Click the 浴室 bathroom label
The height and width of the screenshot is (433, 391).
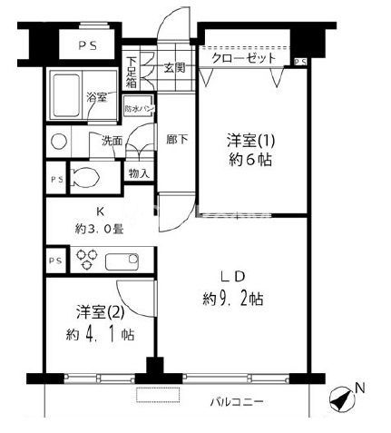pyautogui.click(x=95, y=95)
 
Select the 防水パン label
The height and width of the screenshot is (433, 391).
pyautogui.click(x=139, y=109)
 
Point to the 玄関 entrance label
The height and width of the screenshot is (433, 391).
pyautogui.click(x=175, y=66)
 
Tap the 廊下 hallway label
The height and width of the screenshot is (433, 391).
pyautogui.click(x=177, y=140)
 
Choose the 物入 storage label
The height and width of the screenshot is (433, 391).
pyautogui.click(x=139, y=172)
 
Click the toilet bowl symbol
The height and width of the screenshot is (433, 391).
pyautogui.click(x=82, y=177)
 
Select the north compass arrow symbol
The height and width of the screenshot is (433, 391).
pyautogui.click(x=340, y=399)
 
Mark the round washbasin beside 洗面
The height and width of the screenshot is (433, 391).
pyautogui.click(x=59, y=142)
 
